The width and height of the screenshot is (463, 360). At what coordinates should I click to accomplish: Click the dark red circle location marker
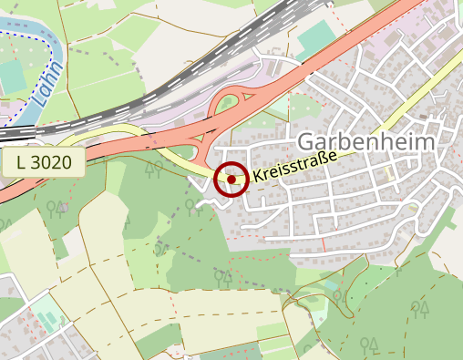click(231, 180)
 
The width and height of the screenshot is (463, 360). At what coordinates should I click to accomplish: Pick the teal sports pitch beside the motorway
click(315, 39)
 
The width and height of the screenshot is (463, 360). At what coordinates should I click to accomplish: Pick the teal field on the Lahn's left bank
click(11, 77)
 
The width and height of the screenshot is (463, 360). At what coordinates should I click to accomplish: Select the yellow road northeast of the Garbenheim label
click(410, 119)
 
